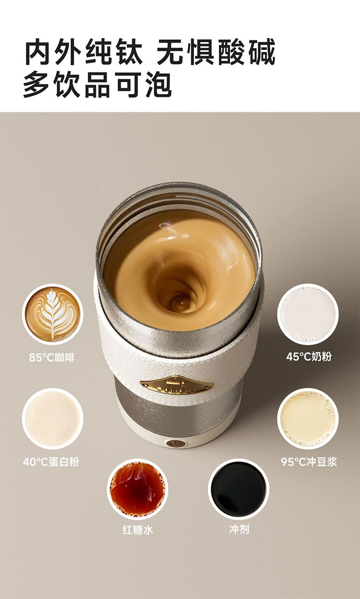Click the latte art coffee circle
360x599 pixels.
(53, 314)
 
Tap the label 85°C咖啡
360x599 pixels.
(52, 358)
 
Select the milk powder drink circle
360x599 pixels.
(308, 314)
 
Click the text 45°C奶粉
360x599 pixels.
(309, 357)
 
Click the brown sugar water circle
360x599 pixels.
(137, 489)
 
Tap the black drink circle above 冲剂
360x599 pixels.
(239, 489)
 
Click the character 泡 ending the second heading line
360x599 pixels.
(158, 84)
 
